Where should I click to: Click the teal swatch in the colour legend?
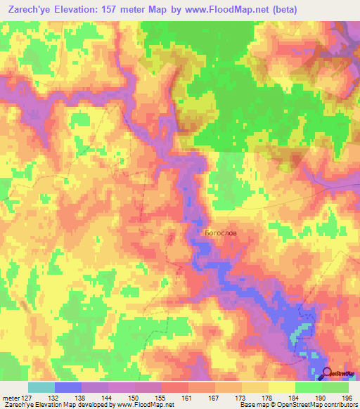[x=41, y=387]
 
